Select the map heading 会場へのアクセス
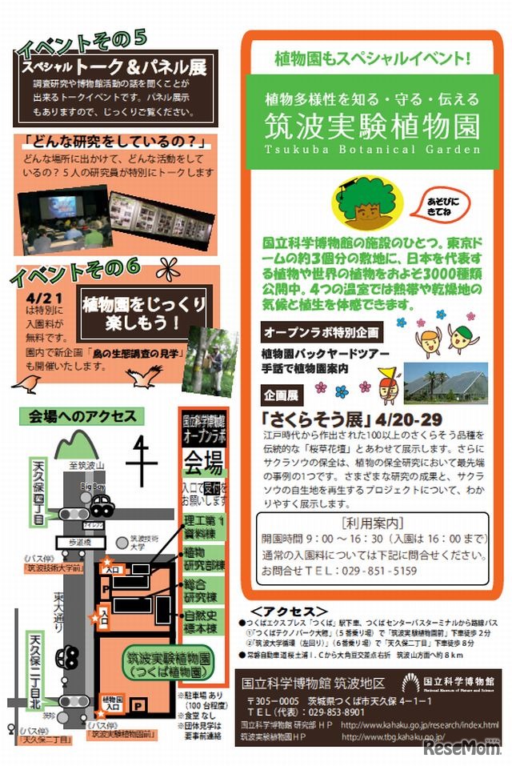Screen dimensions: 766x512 [82, 416]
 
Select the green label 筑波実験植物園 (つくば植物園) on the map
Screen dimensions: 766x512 [167, 664]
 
